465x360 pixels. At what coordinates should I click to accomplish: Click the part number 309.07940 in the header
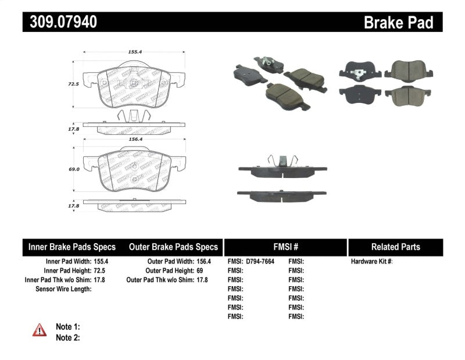click(60, 22)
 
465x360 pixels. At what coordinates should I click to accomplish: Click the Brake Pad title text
click(398, 23)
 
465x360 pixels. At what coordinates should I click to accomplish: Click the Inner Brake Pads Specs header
click(72, 247)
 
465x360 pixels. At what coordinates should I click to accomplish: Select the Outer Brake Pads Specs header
click(173, 247)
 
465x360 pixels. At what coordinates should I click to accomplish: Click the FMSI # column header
click(285, 247)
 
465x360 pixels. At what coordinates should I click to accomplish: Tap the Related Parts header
click(395, 247)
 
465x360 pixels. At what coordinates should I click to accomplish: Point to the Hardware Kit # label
click(372, 262)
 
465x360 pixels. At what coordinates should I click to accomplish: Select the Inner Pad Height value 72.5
click(102, 271)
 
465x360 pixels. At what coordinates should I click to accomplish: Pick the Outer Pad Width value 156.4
click(203, 262)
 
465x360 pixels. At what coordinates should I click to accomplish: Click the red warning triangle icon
click(40, 330)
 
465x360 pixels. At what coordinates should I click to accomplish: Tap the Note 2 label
click(67, 337)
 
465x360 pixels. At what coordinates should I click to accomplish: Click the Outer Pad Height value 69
click(199, 271)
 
